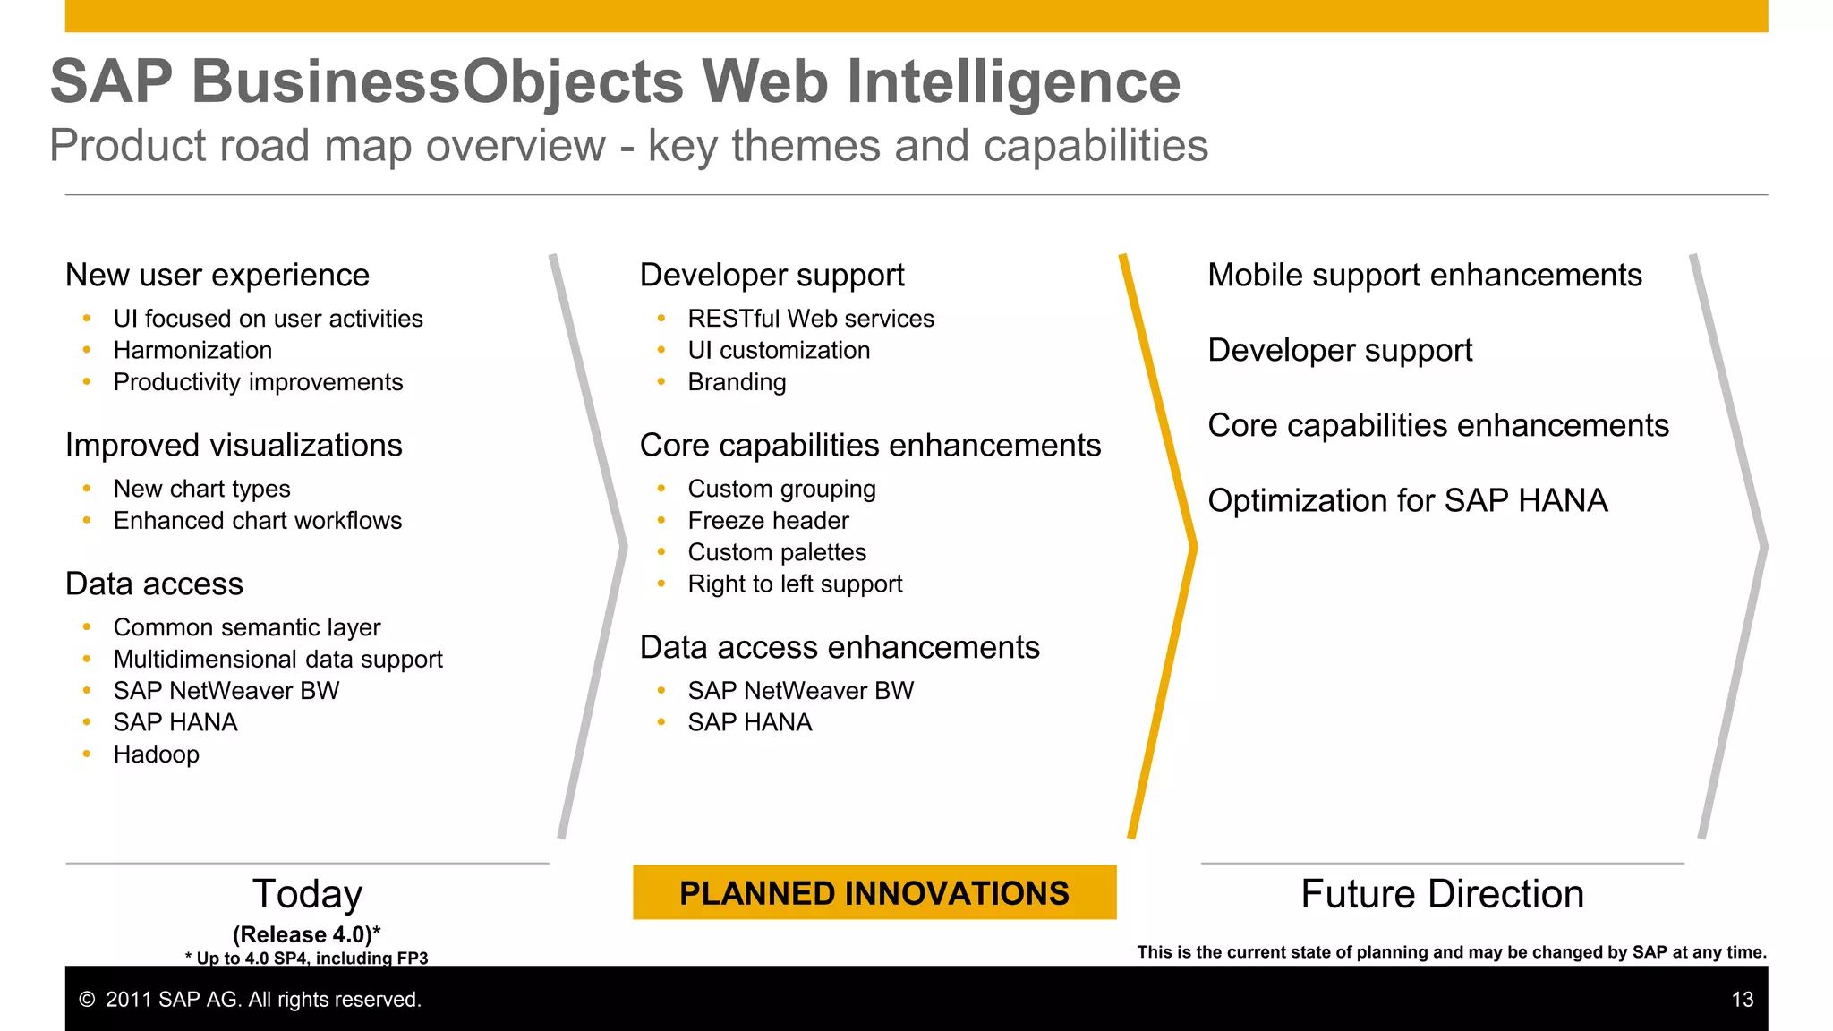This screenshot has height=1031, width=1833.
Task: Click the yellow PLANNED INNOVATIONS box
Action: pyautogui.click(x=874, y=892)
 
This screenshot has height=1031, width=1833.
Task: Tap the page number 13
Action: pyautogui.click(x=1742, y=1000)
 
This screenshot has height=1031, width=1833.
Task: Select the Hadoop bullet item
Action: pyautogui.click(x=156, y=754)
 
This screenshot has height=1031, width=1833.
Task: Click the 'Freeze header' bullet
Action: pyautogui.click(x=768, y=521)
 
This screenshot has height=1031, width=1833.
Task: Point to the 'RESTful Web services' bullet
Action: pyautogui.click(x=810, y=319)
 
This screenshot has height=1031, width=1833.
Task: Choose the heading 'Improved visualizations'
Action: pyautogui.click(x=234, y=446)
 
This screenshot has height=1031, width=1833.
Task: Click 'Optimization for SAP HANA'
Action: pyautogui.click(x=1407, y=500)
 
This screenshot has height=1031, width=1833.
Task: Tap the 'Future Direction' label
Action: pyautogui.click(x=1442, y=894)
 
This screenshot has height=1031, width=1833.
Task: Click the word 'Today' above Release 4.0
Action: pyautogui.click(x=307, y=894)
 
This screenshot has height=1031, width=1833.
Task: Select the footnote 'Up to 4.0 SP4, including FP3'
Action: pyautogui.click(x=307, y=958)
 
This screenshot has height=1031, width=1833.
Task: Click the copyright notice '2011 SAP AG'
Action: pyautogui.click(x=251, y=1000)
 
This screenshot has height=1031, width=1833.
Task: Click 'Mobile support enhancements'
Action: pyautogui.click(x=1424, y=275)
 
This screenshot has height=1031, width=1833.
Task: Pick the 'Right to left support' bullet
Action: pyautogui.click(x=794, y=584)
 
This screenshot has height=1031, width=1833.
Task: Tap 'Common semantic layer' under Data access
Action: pyautogui.click(x=246, y=627)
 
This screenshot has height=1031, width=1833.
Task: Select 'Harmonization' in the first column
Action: pyautogui.click(x=192, y=351)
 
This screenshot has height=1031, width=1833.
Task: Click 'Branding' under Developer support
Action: pyautogui.click(x=737, y=382)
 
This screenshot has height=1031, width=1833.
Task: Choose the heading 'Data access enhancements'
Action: pyautogui.click(x=839, y=647)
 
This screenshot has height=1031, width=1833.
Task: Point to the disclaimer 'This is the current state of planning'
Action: pyautogui.click(x=1451, y=952)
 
